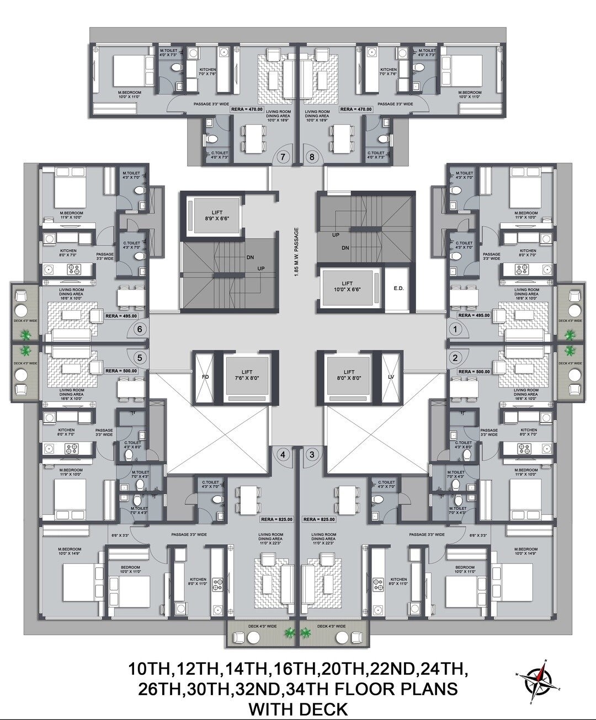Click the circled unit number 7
283,157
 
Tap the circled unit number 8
312,157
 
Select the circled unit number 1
456,330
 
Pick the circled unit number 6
139,330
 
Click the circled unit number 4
283,455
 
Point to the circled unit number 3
312,455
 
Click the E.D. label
398,288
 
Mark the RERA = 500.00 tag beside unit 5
121,371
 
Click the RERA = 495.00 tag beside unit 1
475,315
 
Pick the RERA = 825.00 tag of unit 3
319,519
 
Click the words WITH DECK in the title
298,708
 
